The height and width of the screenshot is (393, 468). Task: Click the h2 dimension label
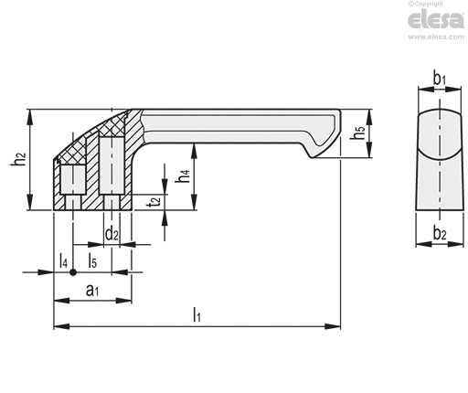pos(18,158)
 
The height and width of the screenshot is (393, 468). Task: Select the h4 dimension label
pos(184,175)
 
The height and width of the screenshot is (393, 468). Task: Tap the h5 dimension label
pos(357,133)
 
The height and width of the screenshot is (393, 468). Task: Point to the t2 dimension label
pos(154,201)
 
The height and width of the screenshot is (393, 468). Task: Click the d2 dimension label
pos(112,234)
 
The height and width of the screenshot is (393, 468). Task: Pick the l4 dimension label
pos(63,261)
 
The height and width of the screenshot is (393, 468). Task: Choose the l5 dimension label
pos(92,261)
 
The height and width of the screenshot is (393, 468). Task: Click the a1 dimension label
pos(92,290)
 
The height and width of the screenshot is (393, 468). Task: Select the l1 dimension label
pos(197,314)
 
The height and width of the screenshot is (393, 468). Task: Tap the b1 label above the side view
pos(440,79)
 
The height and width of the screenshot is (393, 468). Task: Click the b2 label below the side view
pos(440,234)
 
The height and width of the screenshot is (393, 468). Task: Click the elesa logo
pos(436,19)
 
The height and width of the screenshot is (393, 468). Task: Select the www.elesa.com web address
pos(436,37)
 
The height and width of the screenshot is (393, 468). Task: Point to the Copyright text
pos(425,4)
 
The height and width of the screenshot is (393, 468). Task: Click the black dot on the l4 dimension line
pos(73,272)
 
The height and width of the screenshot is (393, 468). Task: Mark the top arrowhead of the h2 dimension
pos(29,117)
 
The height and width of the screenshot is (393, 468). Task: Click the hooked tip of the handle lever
pos(312,156)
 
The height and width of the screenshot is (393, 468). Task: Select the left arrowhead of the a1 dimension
pos(62,301)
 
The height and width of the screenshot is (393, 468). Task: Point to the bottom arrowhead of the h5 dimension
pos(369,150)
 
